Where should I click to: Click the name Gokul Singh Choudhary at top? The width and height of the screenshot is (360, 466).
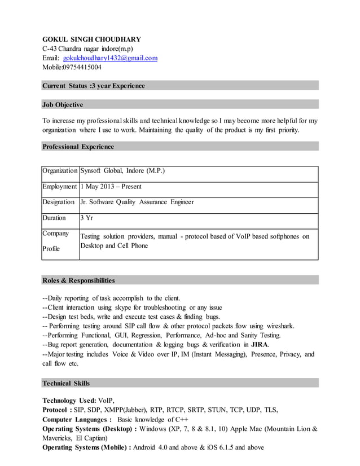91,39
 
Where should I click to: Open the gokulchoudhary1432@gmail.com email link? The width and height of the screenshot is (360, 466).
110,58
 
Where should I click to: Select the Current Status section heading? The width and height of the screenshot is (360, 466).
94,86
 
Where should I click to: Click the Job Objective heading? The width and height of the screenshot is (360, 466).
63,104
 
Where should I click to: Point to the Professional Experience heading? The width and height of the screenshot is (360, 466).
78,147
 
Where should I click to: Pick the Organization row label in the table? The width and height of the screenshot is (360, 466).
60,170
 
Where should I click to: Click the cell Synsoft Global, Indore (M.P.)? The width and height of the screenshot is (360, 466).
123,170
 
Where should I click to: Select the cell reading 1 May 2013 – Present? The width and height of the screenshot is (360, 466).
111,186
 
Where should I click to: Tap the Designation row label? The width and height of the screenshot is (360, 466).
59,202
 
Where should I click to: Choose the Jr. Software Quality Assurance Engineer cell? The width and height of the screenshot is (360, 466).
137,202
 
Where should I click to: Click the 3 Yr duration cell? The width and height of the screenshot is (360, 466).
86,218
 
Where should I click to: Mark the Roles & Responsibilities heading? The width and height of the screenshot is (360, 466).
79,280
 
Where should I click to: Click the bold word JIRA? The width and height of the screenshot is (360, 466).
260,344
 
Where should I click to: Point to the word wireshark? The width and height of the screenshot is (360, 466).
278,326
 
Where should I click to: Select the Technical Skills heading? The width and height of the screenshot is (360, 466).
66,384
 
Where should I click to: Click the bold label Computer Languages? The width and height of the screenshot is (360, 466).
77,420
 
